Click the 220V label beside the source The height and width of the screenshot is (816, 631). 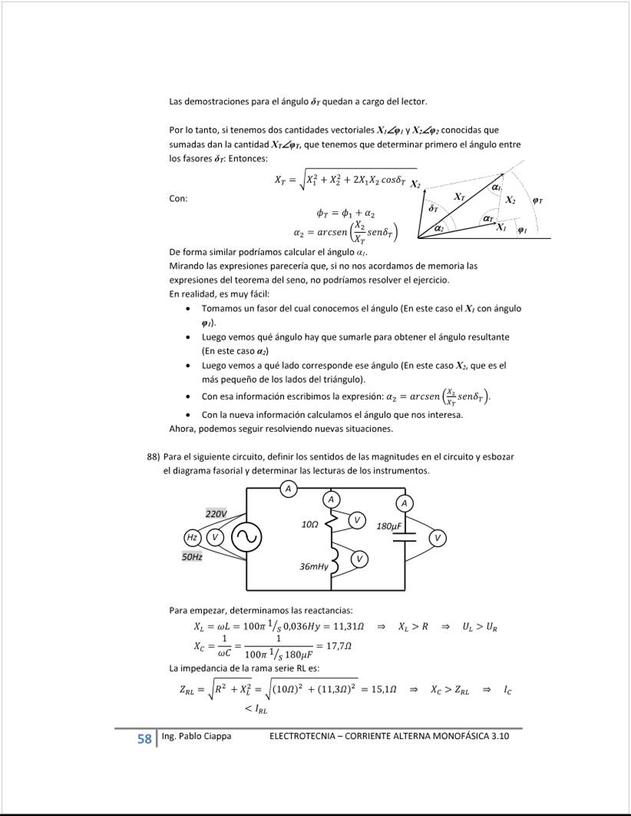click(x=216, y=513)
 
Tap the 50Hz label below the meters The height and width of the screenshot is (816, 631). click(x=192, y=556)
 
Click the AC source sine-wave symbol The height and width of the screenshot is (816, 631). click(x=247, y=536)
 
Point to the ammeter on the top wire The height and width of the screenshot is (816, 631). click(x=288, y=488)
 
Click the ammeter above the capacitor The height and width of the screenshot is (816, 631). click(x=404, y=503)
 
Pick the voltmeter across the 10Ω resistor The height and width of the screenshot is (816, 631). click(x=356, y=520)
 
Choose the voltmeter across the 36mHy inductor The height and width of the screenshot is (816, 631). click(x=358, y=558)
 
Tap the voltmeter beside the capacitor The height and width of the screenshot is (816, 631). click(x=438, y=537)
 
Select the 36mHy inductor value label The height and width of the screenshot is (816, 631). click(x=314, y=566)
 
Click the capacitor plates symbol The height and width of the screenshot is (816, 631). click(x=404, y=537)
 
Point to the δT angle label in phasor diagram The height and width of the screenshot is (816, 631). click(x=433, y=208)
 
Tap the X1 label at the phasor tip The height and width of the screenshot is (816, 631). click(x=501, y=227)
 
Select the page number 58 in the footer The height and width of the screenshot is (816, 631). click(x=144, y=739)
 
